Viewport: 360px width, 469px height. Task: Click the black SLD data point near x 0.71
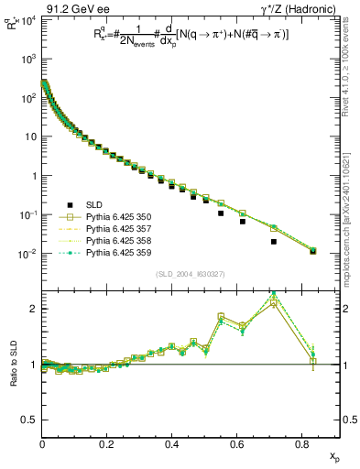pos(274,242)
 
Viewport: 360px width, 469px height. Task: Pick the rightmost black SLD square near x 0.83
pos(312,251)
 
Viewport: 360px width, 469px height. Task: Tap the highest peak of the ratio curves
pos(274,294)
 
